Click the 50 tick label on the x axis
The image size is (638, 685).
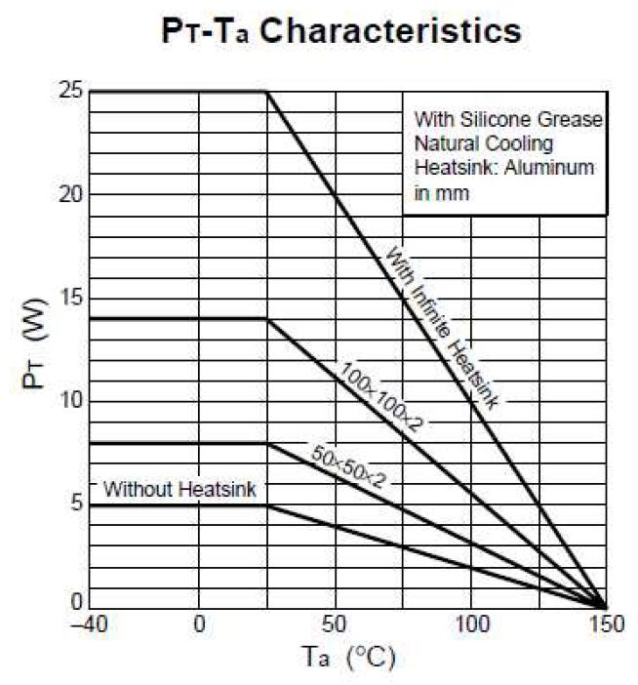[x=336, y=624]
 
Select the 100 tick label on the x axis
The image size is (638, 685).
[x=471, y=624]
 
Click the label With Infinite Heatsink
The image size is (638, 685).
[x=444, y=329]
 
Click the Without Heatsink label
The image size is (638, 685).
[x=179, y=489]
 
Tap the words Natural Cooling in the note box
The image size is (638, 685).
[x=475, y=144]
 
